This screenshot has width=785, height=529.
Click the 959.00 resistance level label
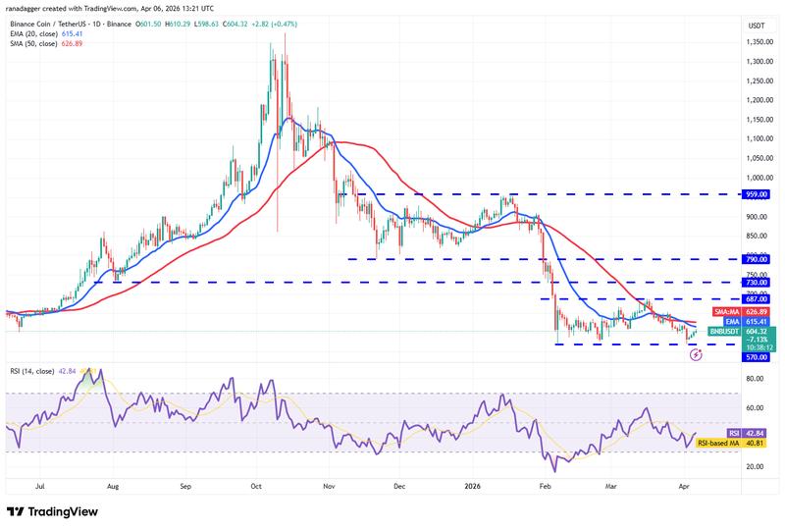click(x=756, y=194)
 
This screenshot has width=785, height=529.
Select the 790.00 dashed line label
click(x=756, y=259)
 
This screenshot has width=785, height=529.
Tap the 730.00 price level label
click(x=756, y=283)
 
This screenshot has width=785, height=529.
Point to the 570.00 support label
click(x=756, y=357)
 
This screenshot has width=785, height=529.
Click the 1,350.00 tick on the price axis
click(x=756, y=42)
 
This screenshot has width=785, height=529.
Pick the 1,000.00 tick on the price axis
click(x=756, y=178)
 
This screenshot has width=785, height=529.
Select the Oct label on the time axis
click(x=256, y=485)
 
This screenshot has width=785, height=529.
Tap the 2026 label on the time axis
click(x=472, y=485)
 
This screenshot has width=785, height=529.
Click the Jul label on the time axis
click(x=40, y=485)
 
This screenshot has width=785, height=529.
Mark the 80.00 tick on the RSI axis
click(x=756, y=378)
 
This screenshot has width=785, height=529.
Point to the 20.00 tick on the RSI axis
click(x=756, y=466)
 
